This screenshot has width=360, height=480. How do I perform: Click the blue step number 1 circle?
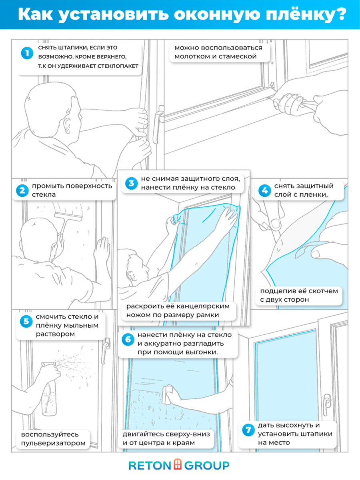point(27,53)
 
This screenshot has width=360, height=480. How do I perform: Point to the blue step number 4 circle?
point(264,190)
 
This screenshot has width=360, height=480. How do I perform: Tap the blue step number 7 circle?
point(248,430)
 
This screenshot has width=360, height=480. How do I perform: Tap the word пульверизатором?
point(53,443)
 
